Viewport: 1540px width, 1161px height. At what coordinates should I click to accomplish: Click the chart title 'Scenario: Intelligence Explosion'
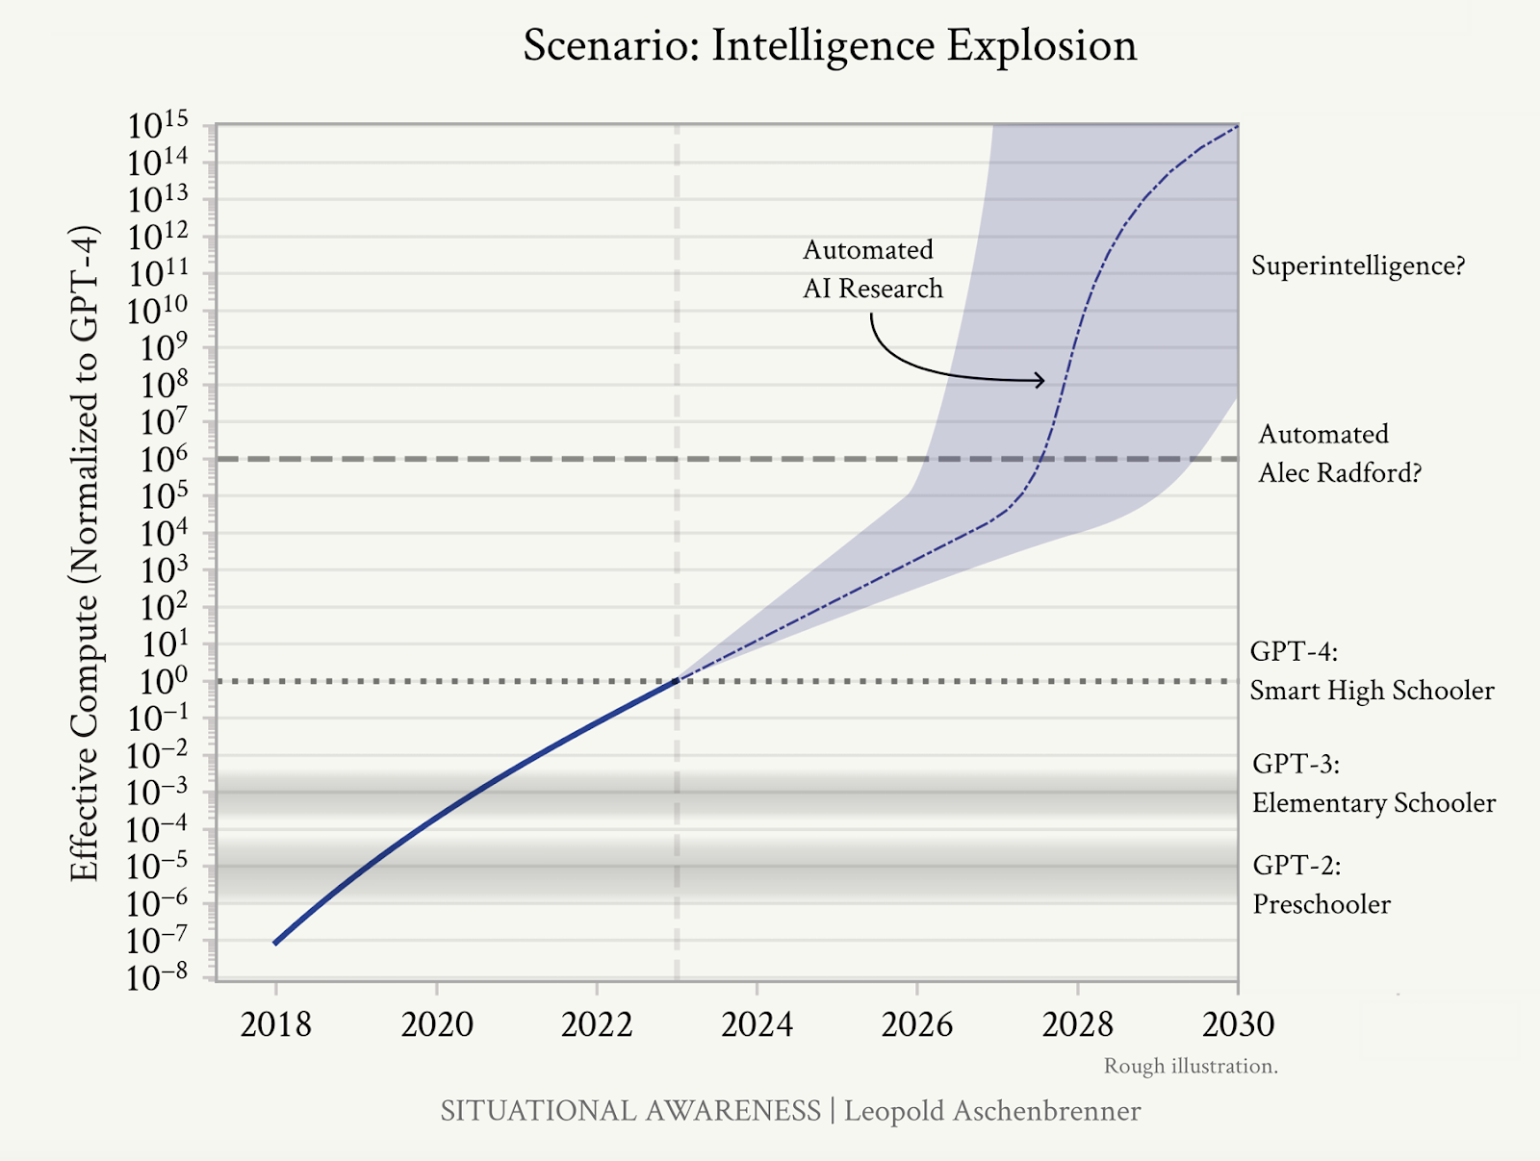pos(830,46)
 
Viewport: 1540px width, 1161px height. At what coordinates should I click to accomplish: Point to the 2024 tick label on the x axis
pos(757,1024)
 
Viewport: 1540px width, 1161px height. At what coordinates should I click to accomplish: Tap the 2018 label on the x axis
pos(275,1024)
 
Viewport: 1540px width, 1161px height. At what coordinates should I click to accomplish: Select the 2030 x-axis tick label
pos(1239,1024)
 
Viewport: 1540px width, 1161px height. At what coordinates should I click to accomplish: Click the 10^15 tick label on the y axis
pos(158,125)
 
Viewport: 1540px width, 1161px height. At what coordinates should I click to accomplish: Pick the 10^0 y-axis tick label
pos(164,681)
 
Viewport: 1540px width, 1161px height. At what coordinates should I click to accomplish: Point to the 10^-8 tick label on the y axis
pos(158,977)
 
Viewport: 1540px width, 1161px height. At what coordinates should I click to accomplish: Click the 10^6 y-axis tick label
pos(164,459)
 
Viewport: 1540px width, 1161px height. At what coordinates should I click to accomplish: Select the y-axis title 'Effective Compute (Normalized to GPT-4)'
pos(84,553)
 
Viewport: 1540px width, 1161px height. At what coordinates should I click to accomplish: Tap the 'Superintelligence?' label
pos(1358,265)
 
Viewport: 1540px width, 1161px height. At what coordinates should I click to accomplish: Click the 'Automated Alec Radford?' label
pos(1340,453)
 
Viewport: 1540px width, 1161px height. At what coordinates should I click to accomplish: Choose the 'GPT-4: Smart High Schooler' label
pos(1373,671)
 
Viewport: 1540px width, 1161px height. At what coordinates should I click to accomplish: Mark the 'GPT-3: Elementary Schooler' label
pos(1373,783)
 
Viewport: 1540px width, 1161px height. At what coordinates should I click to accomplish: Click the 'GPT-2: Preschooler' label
pos(1322,885)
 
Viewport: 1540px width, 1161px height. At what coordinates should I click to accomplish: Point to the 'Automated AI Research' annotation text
pos(873,269)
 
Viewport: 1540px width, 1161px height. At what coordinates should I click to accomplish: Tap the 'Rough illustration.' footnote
pos(1191,1067)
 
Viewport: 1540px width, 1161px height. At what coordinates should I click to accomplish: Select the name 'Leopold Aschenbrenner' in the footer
pos(992,1111)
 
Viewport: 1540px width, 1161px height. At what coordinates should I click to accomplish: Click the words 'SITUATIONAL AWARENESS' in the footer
pos(630,1111)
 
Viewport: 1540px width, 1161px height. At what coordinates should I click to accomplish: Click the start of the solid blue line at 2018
pos(275,943)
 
